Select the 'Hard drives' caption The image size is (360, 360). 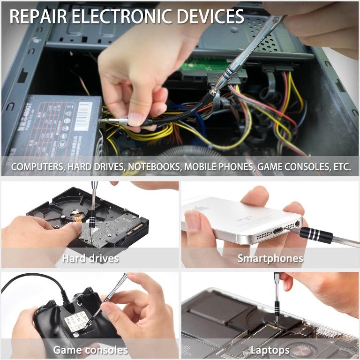pos(90,258)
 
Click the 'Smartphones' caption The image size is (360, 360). pos(270,258)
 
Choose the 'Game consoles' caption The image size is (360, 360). pos(90,350)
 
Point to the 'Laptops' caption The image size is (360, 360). pos(270,350)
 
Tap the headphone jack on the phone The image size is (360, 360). pos(296,225)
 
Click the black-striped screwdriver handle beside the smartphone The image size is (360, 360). pos(316,234)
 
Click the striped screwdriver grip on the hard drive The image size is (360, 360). pos(92,220)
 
